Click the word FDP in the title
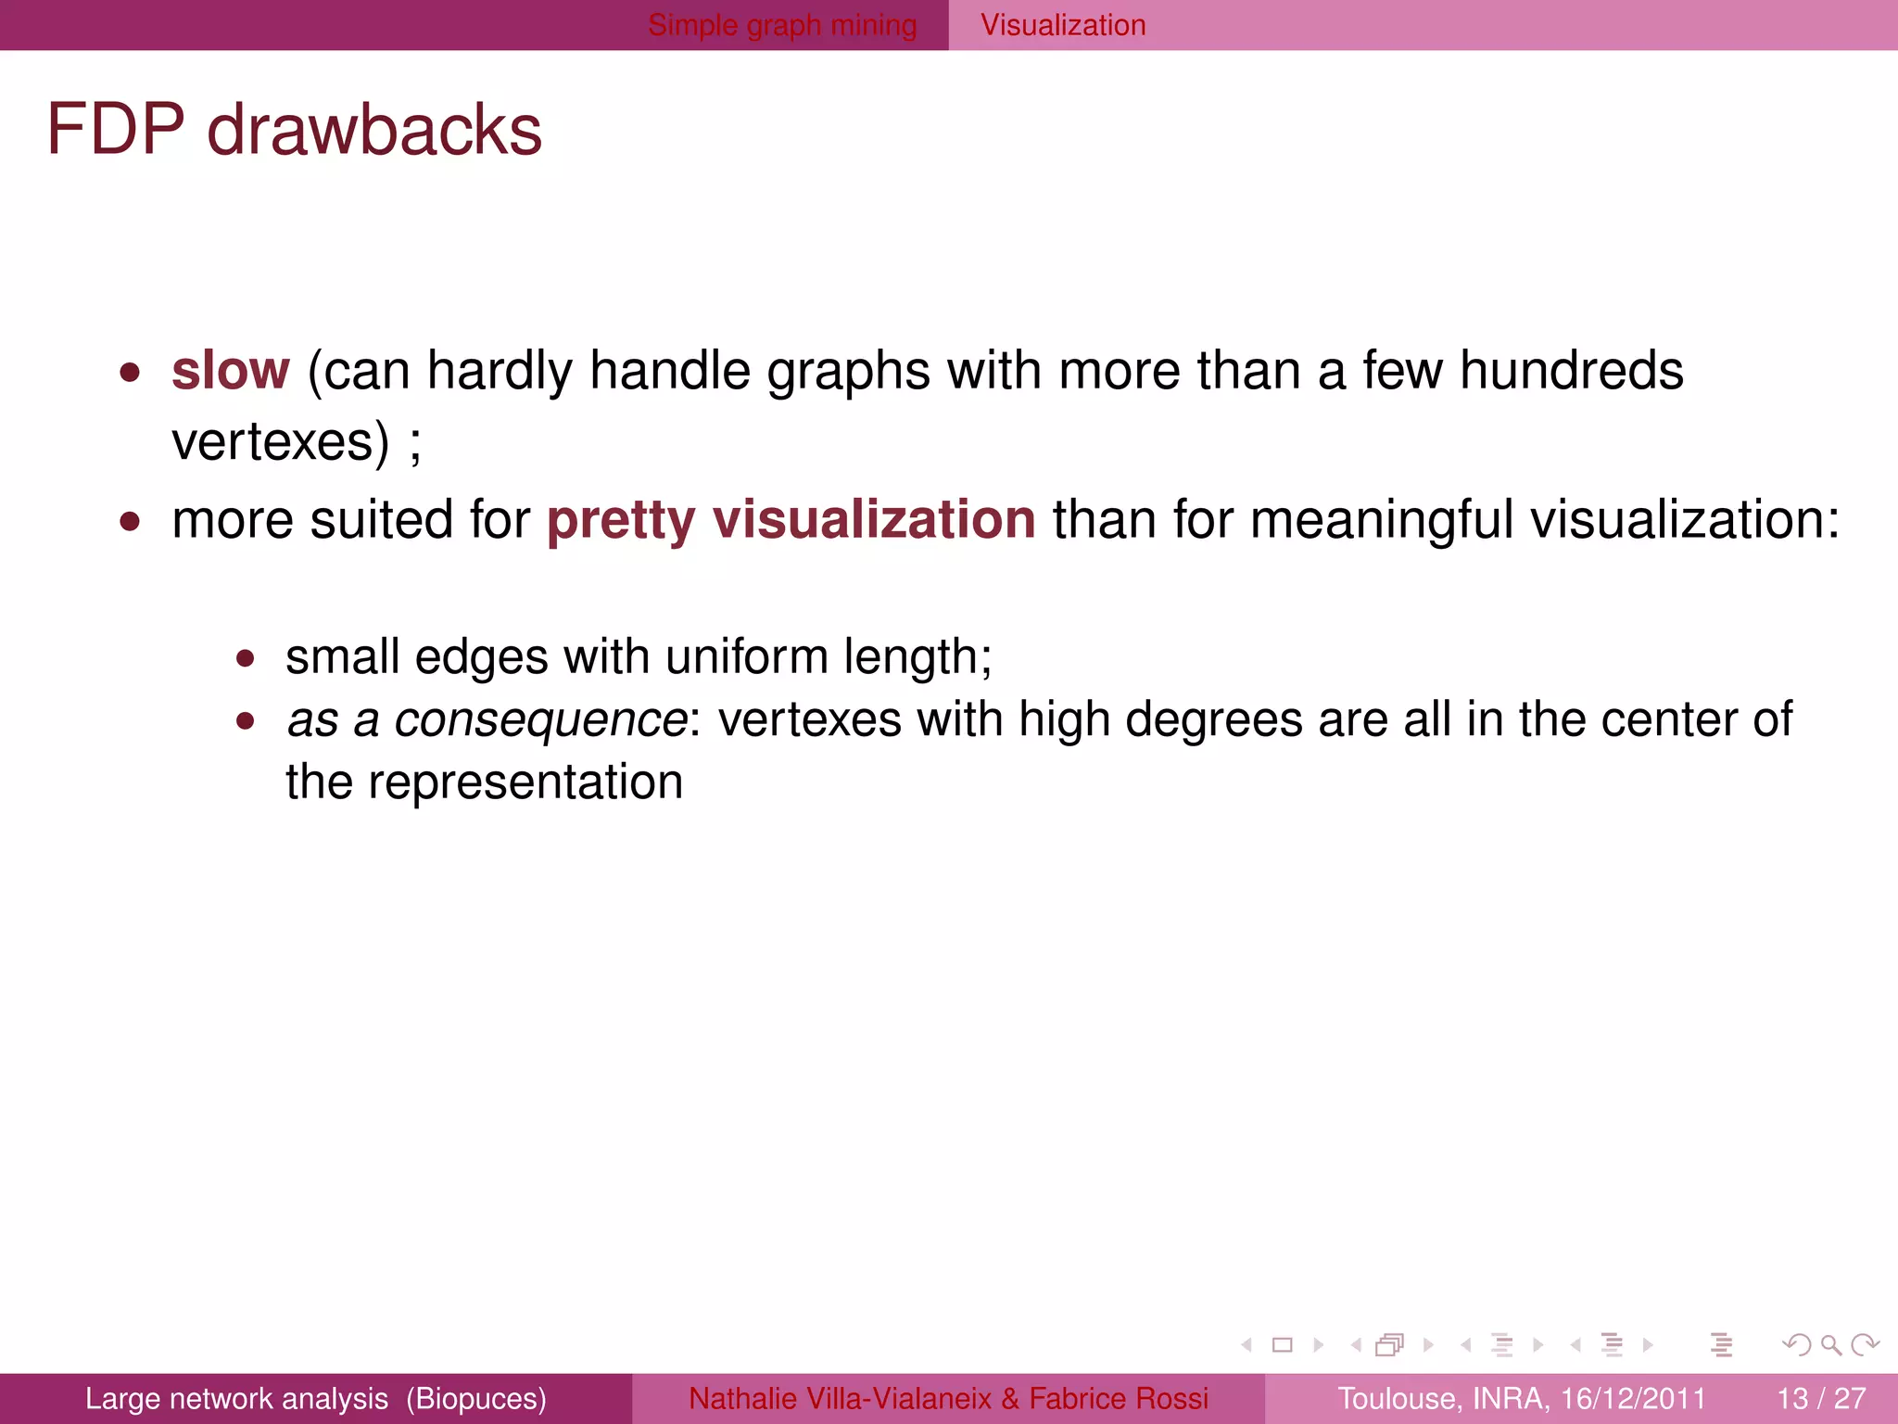coord(116,130)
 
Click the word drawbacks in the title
coord(374,130)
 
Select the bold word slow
coord(231,371)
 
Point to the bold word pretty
coord(621,521)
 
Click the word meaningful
coord(1381,519)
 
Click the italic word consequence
coord(540,720)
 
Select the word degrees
coord(1214,720)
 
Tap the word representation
coord(525,782)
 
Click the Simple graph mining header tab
coord(782,25)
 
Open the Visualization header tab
coord(1063,25)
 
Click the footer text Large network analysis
coord(236,1398)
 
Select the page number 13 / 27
coord(1821,1398)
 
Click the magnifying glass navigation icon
coord(1830,1344)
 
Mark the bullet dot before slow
coord(130,373)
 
